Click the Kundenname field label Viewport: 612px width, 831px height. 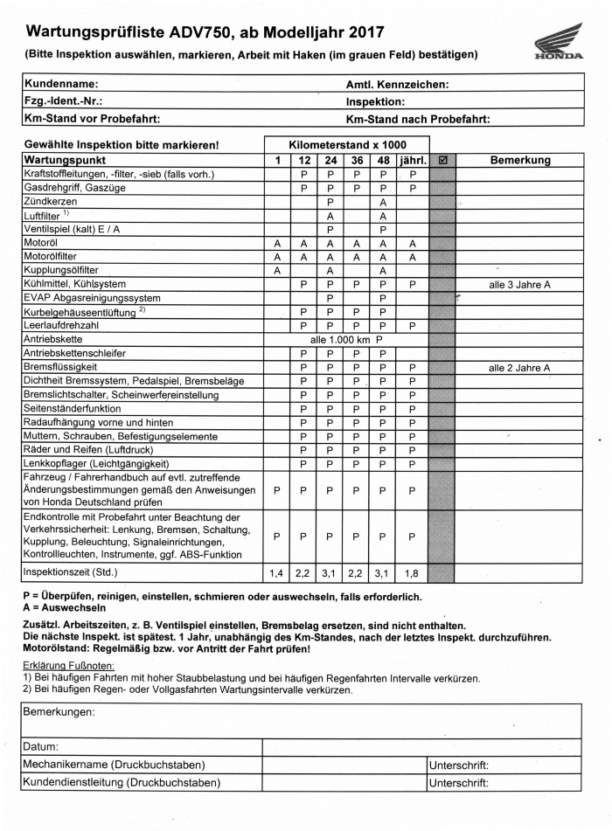tap(61, 85)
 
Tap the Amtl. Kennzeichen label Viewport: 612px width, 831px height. tap(398, 85)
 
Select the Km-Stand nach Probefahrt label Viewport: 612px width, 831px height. tap(418, 118)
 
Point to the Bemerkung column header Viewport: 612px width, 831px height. tap(520, 161)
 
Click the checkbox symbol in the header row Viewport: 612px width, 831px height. tap(443, 161)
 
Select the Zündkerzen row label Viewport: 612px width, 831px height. tap(50, 202)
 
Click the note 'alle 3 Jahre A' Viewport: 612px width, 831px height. tap(520, 285)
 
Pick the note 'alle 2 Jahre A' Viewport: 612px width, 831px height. tap(520, 368)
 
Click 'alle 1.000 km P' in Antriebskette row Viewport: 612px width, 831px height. tap(347, 340)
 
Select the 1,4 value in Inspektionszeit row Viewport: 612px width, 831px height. tap(276, 573)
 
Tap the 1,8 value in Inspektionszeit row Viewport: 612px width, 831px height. tap(413, 573)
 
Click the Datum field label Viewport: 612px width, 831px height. tap(43, 747)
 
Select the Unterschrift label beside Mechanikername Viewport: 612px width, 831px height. tap(459, 765)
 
